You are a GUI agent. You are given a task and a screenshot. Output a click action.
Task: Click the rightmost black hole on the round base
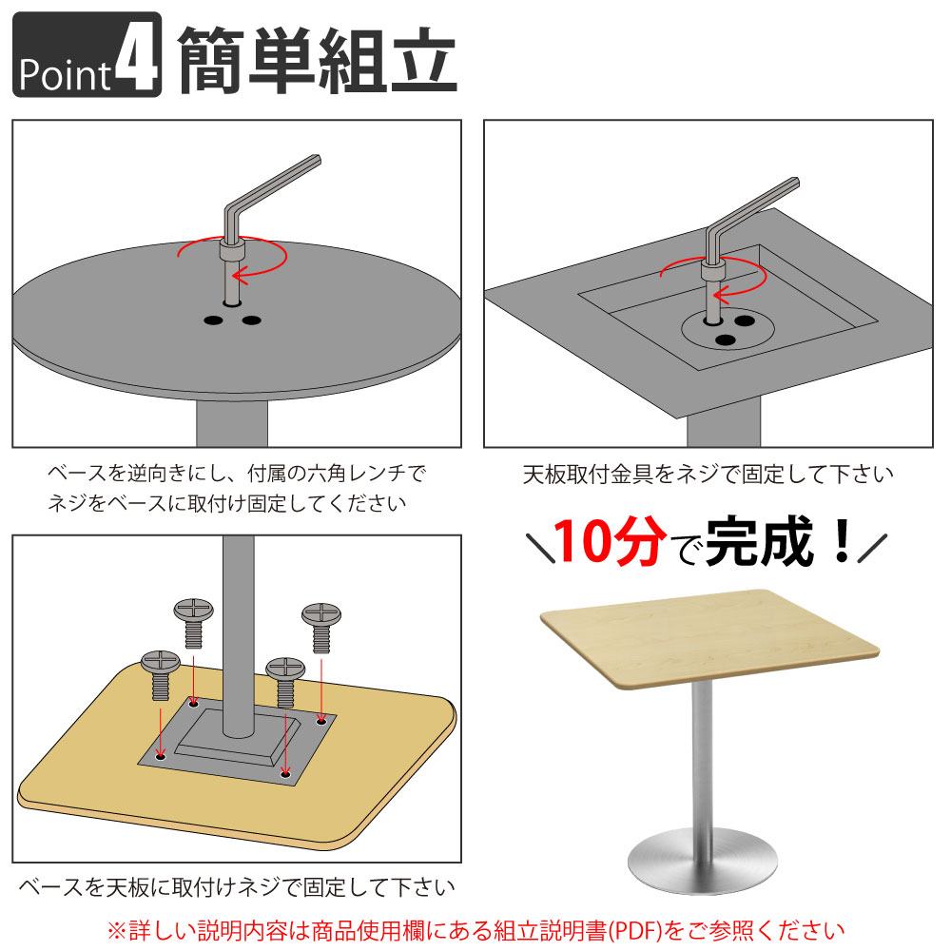251,320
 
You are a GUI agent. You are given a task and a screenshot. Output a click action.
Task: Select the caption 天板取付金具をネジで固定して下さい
708,473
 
